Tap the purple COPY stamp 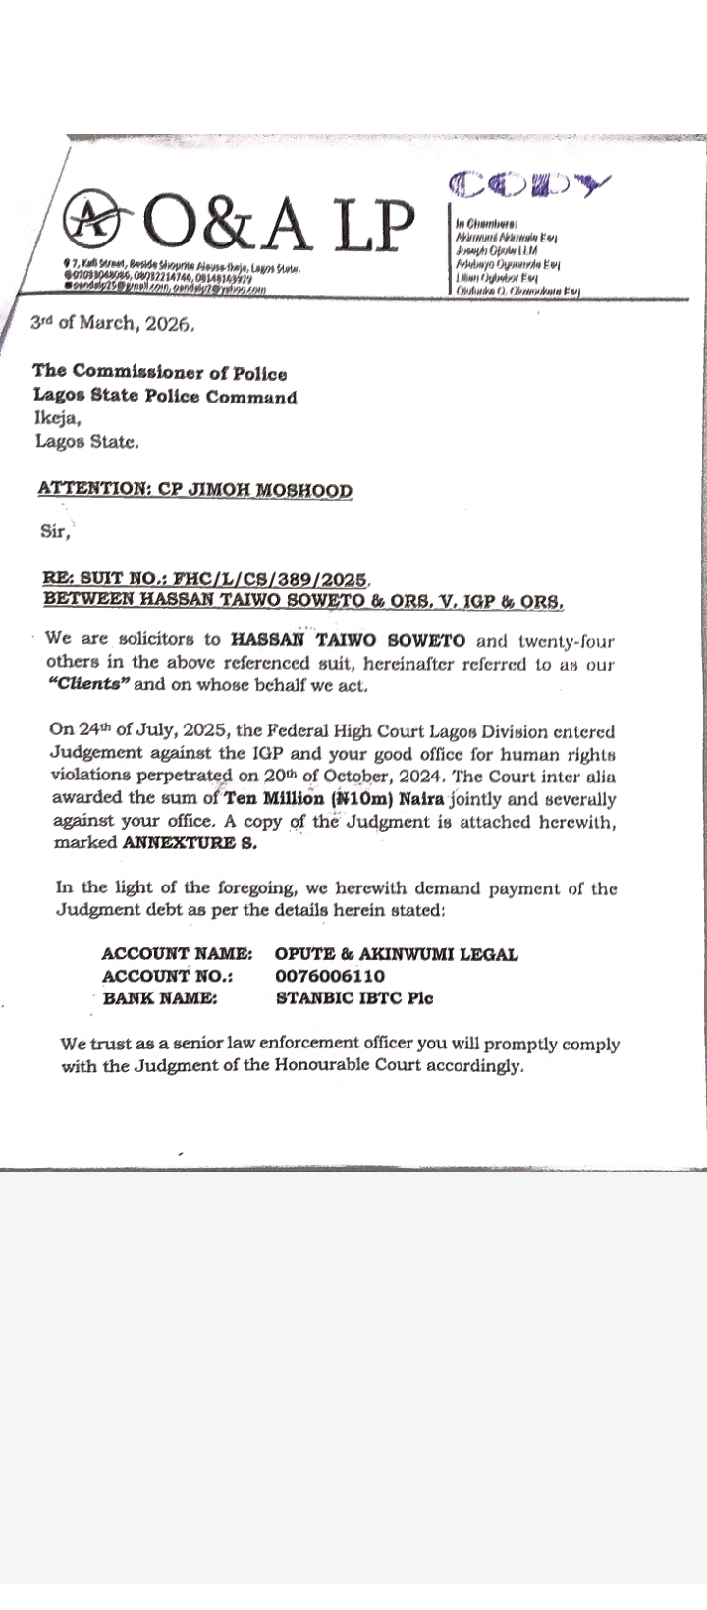pos(529,184)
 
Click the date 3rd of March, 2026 pos(112,323)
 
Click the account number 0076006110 pos(330,976)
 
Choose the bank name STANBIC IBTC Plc pos(353,998)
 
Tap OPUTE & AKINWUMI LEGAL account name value pos(397,953)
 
